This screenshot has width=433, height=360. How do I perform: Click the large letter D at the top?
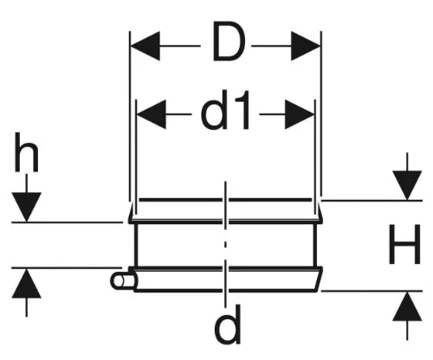[x=229, y=42]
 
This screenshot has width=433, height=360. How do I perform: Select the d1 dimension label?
[x=225, y=111]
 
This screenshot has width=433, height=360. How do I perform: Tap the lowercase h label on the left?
[x=27, y=152]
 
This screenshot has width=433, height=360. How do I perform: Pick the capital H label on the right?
[x=404, y=244]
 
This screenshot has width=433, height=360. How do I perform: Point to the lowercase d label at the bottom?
[x=228, y=325]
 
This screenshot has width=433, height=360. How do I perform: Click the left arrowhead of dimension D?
[x=145, y=46]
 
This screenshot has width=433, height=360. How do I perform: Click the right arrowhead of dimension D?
[x=306, y=46]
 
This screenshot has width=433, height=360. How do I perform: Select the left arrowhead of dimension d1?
[x=152, y=114]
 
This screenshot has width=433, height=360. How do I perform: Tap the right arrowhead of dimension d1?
[x=300, y=114]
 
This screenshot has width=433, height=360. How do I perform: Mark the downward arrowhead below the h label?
[x=27, y=207]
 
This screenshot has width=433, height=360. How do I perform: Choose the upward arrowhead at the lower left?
[x=27, y=283]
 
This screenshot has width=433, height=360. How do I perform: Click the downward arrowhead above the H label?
[x=407, y=185]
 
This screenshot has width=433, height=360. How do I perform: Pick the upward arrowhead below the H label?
[x=407, y=306]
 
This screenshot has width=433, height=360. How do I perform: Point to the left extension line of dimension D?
[x=130, y=116]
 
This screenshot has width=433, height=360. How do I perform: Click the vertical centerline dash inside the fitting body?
[x=225, y=245]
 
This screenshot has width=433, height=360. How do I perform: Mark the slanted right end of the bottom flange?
[x=319, y=280]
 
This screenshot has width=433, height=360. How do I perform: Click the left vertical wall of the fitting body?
[x=136, y=245]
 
